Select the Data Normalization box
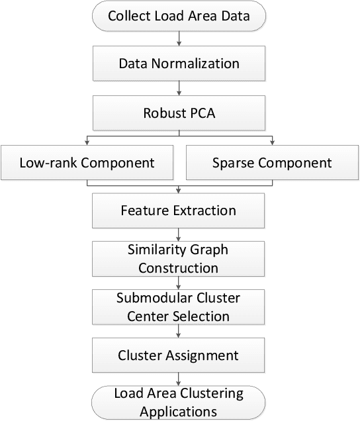click(x=178, y=64)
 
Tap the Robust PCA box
click(x=178, y=113)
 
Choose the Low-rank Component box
click(x=87, y=163)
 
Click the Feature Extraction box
click(x=178, y=211)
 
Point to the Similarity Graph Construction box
click(x=178, y=259)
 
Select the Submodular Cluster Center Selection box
click(x=178, y=307)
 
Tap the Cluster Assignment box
click(x=178, y=355)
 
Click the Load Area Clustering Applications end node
click(x=178, y=402)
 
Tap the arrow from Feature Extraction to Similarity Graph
click(x=178, y=235)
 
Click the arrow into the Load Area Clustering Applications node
click(x=178, y=379)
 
